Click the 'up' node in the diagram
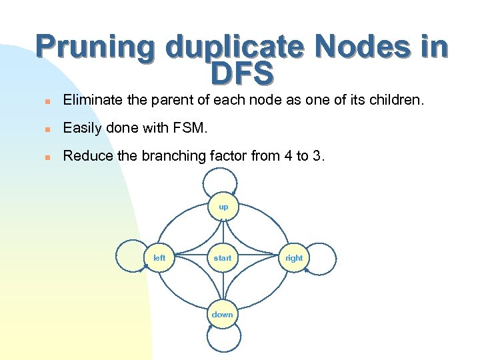[x=223, y=207]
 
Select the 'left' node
[x=160, y=258]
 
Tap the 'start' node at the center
[x=223, y=258]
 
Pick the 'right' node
[x=294, y=258]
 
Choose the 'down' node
[x=223, y=315]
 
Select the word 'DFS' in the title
[x=241, y=73]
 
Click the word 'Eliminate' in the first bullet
[x=91, y=100]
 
